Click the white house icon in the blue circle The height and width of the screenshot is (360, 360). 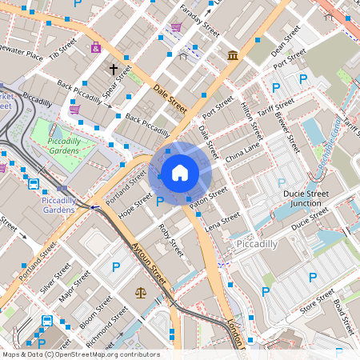click(180, 172)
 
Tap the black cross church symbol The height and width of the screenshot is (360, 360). click(114, 70)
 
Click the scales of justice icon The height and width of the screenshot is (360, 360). click(142, 293)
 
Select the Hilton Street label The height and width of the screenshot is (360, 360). click(250, 114)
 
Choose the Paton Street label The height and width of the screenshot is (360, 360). click(210, 199)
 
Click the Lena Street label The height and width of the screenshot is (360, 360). click(222, 222)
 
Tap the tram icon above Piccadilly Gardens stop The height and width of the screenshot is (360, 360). click(34, 184)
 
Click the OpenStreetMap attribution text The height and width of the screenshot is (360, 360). click(80, 354)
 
